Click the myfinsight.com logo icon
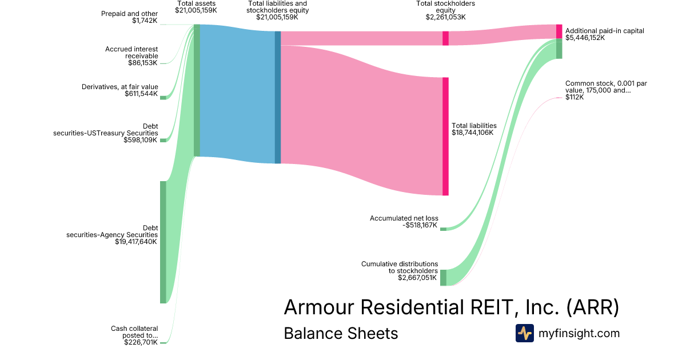pos(525,333)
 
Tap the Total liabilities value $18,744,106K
pos(473,133)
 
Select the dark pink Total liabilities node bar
pos(445,136)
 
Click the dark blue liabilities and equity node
pos(278,97)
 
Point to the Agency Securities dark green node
pos(163,242)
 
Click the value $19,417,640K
pos(136,242)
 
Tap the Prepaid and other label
pos(130,14)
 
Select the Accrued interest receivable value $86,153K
pos(143,63)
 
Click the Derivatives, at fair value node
pos(163,98)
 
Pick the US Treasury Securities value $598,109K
pos(140,140)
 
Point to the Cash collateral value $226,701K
pos(141,342)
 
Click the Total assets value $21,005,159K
pos(196,10)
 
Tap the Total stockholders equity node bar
pos(445,38)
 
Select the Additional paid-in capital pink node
pos(559,31)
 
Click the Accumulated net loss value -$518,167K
pos(420,225)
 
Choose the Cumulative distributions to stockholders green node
pos(443,278)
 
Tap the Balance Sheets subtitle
pos(341,333)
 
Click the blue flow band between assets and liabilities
pos(237,94)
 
